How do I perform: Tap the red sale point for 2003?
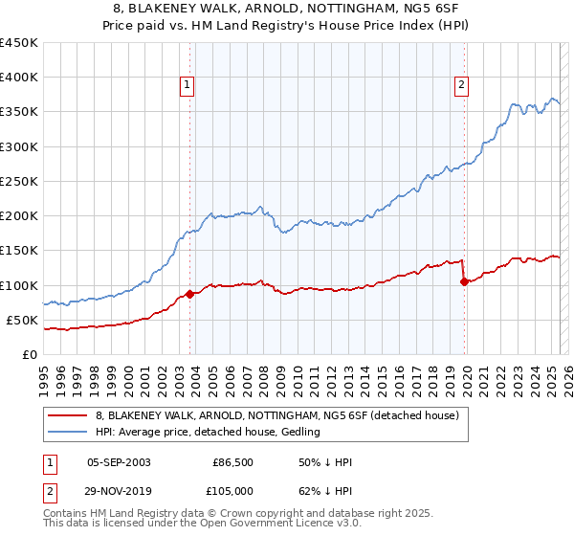[x=189, y=295]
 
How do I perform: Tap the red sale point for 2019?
[x=464, y=281]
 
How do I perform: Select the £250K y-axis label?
[x=18, y=181]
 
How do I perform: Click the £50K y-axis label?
[x=22, y=320]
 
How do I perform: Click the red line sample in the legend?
[x=67, y=415]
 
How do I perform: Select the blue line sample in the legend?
[x=67, y=433]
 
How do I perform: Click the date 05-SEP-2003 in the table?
[x=119, y=462]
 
